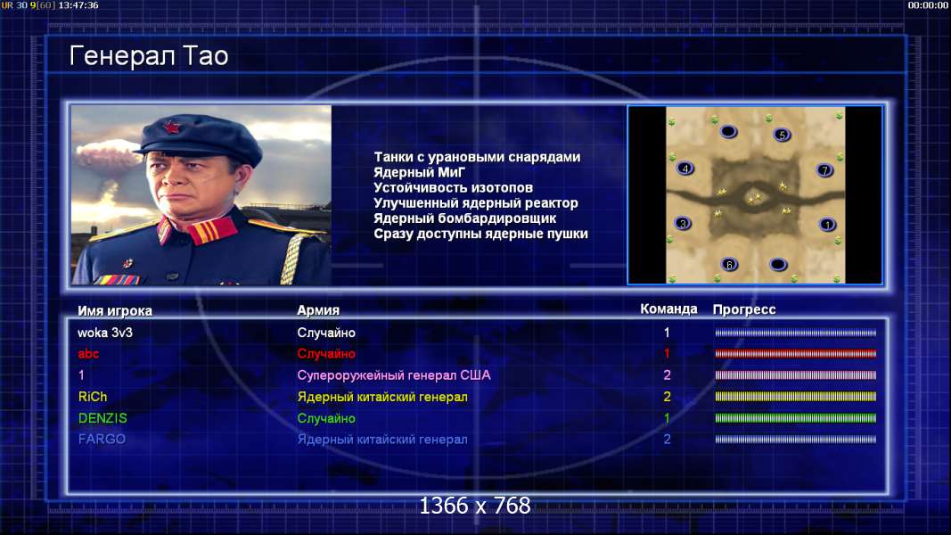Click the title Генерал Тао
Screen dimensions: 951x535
coord(149,56)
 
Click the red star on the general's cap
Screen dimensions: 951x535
coord(171,128)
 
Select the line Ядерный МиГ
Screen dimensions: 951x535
coord(419,172)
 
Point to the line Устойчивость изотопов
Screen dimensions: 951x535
coord(453,187)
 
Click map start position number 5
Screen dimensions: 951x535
coord(782,135)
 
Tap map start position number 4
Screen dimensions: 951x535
coord(685,169)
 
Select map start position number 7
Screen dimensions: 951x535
coord(824,169)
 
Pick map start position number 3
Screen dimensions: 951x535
coord(683,223)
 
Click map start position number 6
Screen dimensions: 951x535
coord(729,264)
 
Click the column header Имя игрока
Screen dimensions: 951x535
coord(115,310)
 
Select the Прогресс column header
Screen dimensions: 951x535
coord(744,309)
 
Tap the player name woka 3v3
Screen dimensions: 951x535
coord(105,333)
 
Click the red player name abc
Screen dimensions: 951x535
coord(88,354)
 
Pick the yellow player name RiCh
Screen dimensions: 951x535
coord(92,397)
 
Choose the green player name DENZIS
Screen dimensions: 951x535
coord(102,418)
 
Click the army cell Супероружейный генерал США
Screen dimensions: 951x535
coord(394,375)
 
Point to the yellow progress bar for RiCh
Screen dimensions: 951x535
coord(795,397)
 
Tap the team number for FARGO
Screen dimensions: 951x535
coord(667,440)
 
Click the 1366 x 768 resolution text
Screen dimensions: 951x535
coord(475,506)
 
